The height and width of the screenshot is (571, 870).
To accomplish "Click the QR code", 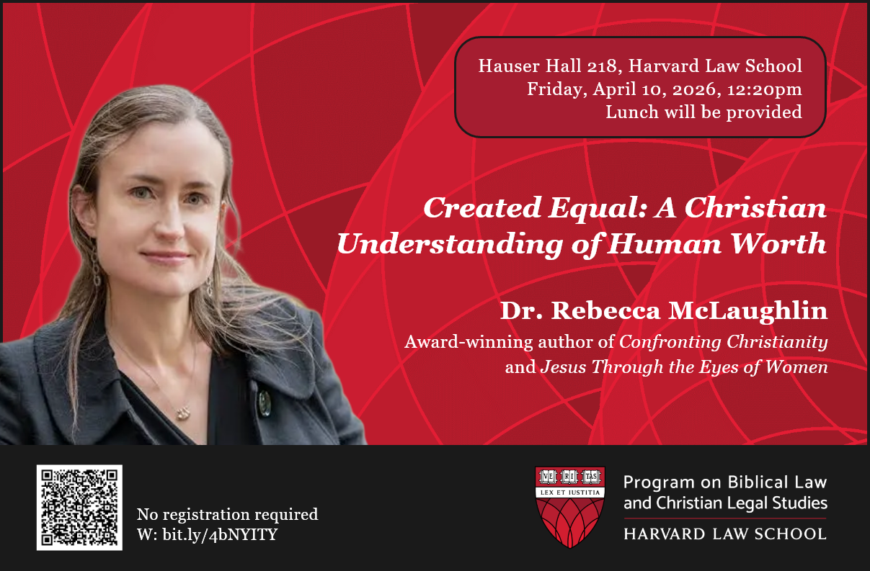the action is click(x=79, y=508).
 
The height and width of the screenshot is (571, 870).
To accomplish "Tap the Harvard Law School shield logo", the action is click(x=569, y=507).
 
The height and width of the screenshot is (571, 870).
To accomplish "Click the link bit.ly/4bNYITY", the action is click(x=220, y=534).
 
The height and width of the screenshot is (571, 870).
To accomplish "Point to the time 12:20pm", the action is click(x=764, y=89).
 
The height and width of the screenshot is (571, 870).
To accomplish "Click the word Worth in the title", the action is click(x=778, y=243).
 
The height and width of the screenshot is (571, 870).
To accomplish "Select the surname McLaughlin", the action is click(x=747, y=311).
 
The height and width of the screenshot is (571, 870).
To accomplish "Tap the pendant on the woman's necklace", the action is click(x=183, y=413).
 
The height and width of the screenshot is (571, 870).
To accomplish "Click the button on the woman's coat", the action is click(x=265, y=403).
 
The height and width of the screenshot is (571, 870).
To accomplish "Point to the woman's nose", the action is click(x=169, y=223).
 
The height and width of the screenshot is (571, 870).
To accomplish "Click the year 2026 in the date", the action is click(x=694, y=89).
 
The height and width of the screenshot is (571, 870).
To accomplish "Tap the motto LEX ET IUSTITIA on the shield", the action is click(x=569, y=493).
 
